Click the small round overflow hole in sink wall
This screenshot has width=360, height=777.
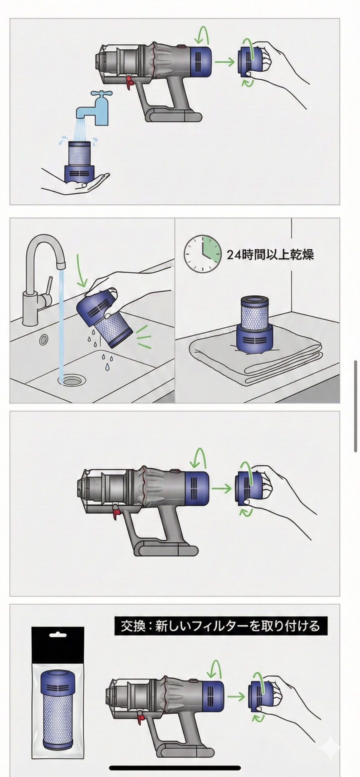pyautogui.click(x=43, y=339)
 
